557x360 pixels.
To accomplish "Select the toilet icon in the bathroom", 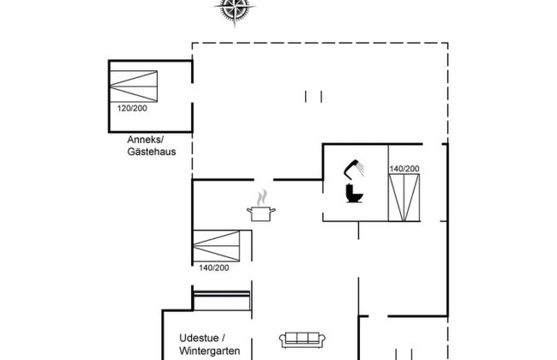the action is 354,193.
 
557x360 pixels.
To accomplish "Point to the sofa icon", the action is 302,340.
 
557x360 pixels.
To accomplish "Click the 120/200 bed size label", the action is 132,108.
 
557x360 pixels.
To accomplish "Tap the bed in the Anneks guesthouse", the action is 134,87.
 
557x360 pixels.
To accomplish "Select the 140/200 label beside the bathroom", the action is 404,169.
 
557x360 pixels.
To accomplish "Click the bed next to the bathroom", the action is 404,197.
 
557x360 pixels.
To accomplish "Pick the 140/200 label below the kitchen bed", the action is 214,268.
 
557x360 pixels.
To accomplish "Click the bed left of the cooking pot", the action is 216,246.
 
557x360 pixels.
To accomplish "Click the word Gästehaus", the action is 152,152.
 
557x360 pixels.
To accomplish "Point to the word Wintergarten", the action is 210,351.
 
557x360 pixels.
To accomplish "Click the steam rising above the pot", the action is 262,197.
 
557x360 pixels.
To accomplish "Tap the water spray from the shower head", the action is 360,169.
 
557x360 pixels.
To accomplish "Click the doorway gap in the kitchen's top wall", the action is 264,180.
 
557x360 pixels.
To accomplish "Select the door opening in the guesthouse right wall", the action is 192,93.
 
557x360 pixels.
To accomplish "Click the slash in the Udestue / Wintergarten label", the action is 223,338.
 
